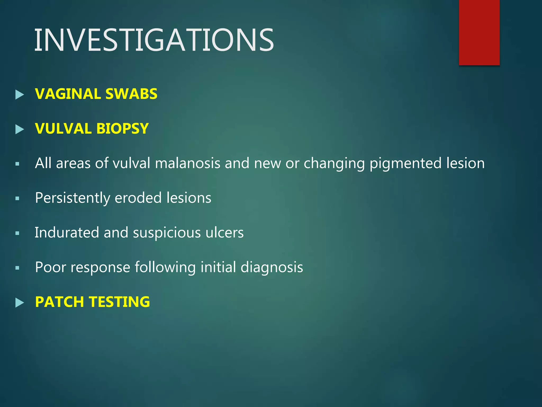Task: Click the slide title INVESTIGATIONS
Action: pyautogui.click(x=154, y=40)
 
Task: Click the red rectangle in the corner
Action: pyautogui.click(x=479, y=32)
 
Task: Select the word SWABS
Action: pyautogui.click(x=131, y=94)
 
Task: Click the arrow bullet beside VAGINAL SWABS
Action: pyautogui.click(x=20, y=95)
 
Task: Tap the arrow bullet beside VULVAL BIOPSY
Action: pyautogui.click(x=20, y=129)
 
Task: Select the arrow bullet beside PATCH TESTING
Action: pyautogui.click(x=20, y=303)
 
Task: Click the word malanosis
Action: pyautogui.click(x=187, y=163)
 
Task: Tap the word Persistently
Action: pyautogui.click(x=73, y=198)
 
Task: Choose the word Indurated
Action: pyautogui.click(x=67, y=232)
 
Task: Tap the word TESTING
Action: pyautogui.click(x=119, y=302)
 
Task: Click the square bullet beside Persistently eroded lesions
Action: pyautogui.click(x=17, y=198)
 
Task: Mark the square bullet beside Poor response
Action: pyautogui.click(x=17, y=268)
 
